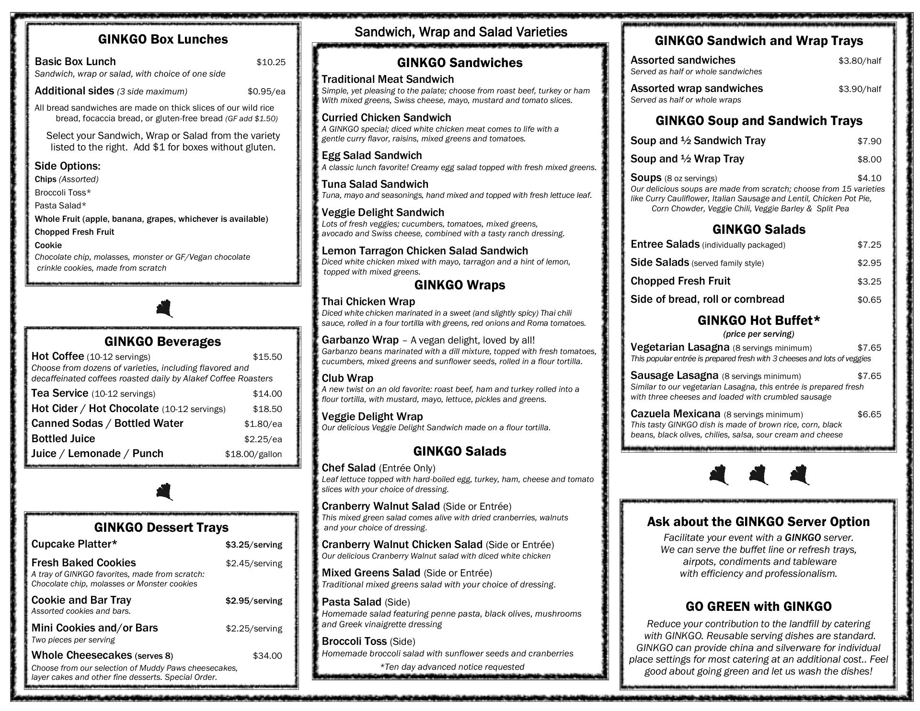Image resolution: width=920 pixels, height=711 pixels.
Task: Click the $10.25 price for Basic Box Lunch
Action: (271, 62)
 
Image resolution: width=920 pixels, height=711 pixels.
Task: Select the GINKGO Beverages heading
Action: (162, 342)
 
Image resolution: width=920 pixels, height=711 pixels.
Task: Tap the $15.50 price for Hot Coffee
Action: (267, 357)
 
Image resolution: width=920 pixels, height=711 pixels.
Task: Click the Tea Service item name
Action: (60, 393)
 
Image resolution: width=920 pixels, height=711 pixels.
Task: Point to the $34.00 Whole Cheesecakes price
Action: (267, 656)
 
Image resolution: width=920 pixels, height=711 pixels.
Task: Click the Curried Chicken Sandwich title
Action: (386, 118)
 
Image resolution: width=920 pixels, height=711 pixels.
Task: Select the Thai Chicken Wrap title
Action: (368, 302)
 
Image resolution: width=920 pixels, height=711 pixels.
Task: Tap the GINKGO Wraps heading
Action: (460, 285)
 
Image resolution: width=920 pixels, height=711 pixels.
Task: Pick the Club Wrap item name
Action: (347, 378)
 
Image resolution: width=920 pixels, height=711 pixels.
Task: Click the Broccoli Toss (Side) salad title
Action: (368, 642)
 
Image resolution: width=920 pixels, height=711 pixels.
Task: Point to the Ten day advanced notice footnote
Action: (452, 667)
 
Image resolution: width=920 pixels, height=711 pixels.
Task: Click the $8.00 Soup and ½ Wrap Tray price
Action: (869, 160)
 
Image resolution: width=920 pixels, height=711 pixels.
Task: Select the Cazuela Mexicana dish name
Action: (675, 414)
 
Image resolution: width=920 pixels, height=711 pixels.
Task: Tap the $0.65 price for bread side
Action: (869, 300)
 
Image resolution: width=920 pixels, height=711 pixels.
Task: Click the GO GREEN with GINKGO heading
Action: (758, 607)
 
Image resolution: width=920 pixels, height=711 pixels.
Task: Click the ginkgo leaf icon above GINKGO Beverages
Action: (164, 309)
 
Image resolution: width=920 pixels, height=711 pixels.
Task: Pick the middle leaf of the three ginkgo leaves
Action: (759, 475)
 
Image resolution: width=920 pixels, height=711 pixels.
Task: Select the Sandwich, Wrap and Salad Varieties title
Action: (460, 32)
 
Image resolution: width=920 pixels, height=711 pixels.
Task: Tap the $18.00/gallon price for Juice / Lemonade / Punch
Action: (253, 454)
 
